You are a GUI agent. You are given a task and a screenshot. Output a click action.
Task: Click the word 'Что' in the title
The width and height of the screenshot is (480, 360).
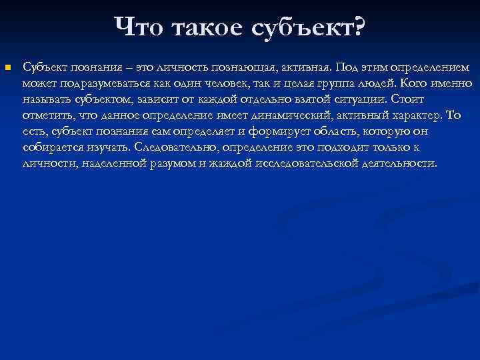[x=137, y=27]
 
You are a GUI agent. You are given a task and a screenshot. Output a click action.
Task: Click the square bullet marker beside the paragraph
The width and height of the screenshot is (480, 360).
[x=7, y=67]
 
